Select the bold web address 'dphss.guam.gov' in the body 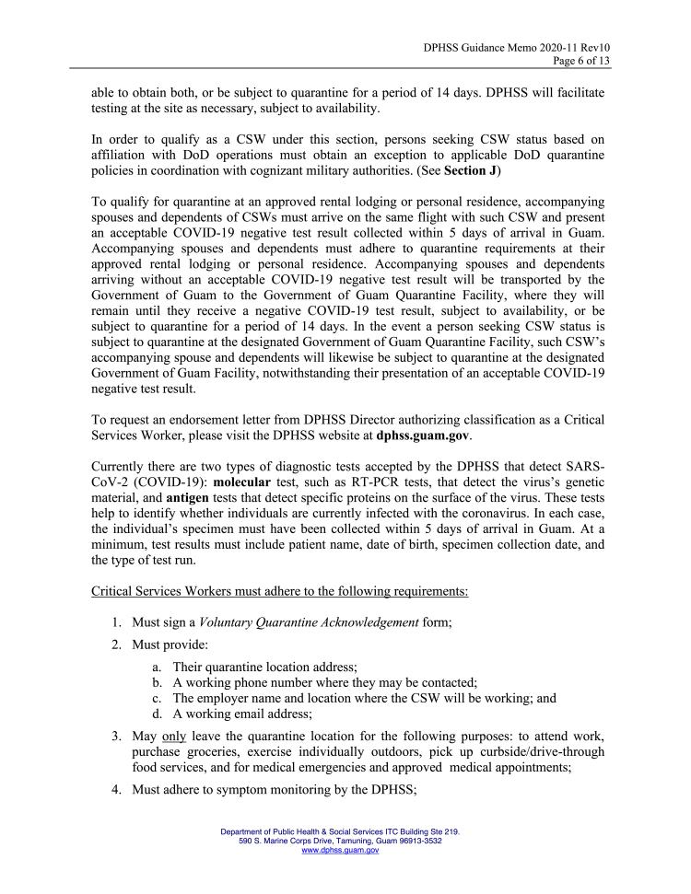[423, 435]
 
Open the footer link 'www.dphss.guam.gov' [340, 851]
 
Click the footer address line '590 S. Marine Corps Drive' [340, 842]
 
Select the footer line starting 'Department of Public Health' [340, 831]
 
